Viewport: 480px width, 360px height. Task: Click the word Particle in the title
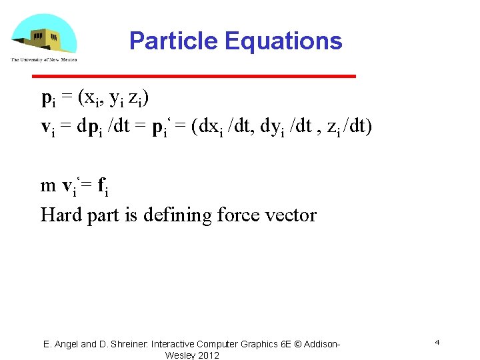[174, 41]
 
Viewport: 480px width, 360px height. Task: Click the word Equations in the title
[283, 41]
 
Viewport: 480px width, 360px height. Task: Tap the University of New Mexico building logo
[43, 35]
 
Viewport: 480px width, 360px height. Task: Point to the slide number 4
[437, 342]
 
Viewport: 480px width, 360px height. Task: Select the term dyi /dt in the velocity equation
[285, 127]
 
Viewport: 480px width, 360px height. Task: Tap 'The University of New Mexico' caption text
[44, 60]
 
